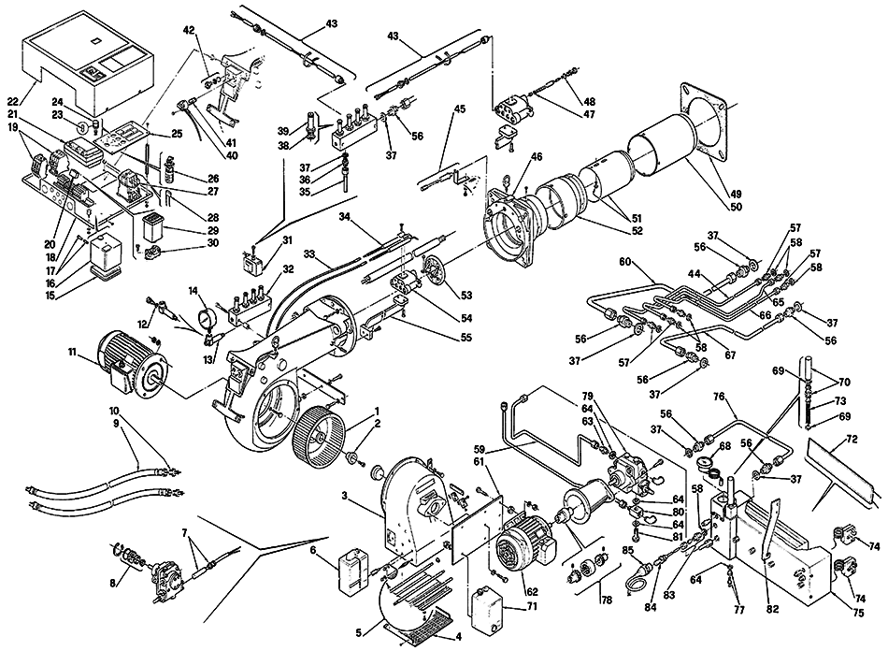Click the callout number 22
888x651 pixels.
coord(12,102)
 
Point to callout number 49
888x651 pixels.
coord(736,194)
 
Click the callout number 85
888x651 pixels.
coord(627,550)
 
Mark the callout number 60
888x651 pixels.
coord(624,262)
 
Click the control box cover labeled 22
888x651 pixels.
coord(88,63)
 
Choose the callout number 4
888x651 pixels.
coord(459,636)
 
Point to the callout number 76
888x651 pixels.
coord(719,397)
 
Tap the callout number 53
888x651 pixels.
coord(466,296)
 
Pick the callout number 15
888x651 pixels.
coord(50,296)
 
